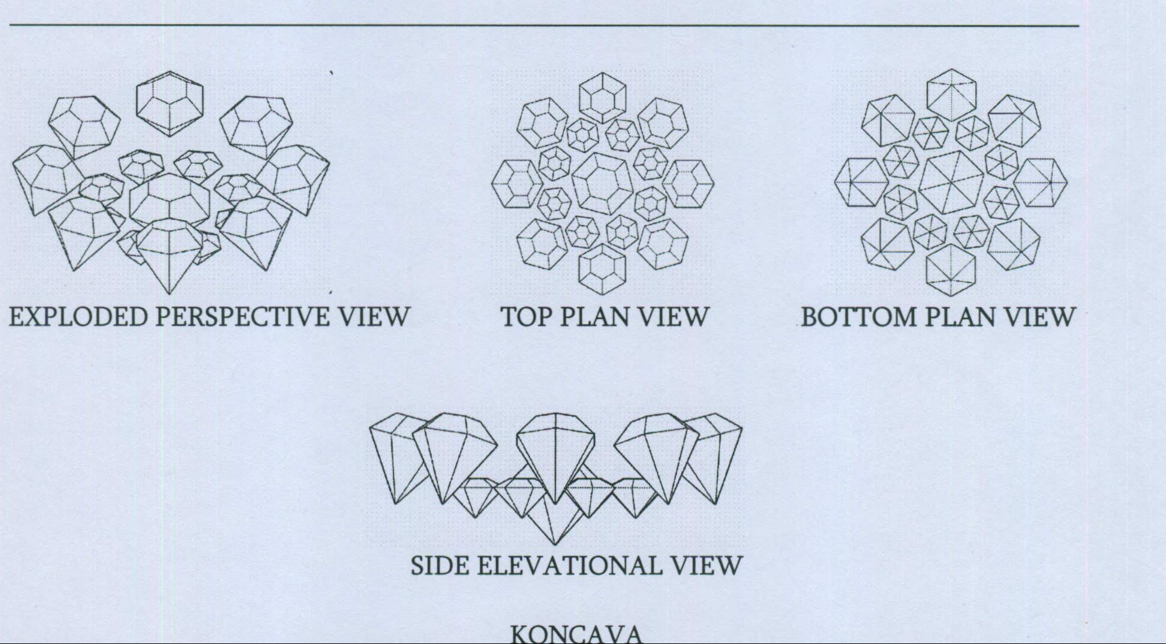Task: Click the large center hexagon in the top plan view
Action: click(x=603, y=182)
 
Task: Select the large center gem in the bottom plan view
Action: click(x=951, y=182)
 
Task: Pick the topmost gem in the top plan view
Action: click(x=603, y=98)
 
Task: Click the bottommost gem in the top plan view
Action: click(x=603, y=268)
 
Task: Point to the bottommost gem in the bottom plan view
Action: click(x=951, y=269)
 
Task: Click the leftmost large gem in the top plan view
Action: click(x=515, y=182)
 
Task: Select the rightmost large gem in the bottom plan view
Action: click(x=1041, y=181)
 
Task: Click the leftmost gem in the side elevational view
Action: click(x=393, y=456)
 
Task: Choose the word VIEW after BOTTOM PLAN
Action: click(x=1039, y=316)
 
